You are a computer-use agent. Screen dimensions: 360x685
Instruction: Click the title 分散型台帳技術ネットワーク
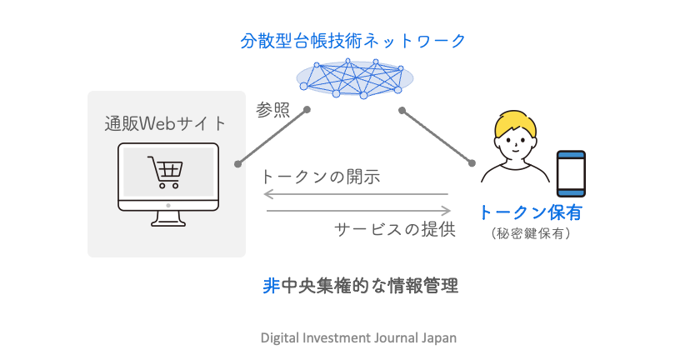click(x=352, y=39)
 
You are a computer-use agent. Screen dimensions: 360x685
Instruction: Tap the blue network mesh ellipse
click(x=356, y=77)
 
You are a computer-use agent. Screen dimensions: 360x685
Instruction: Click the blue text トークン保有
click(x=530, y=213)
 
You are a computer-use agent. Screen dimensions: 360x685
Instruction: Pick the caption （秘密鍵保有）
click(x=531, y=234)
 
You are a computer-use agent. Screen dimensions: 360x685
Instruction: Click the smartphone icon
click(x=571, y=173)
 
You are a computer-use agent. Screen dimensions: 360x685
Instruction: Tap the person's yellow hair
click(x=517, y=125)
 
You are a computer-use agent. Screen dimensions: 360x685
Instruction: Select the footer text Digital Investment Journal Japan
click(x=358, y=338)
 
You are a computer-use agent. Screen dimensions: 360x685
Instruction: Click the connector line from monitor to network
click(x=272, y=135)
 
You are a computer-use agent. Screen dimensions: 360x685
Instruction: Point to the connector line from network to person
click(x=437, y=135)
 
